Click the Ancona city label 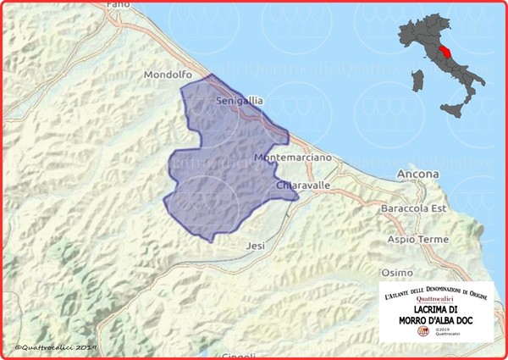417,175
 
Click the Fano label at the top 118,5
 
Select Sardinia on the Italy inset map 415,81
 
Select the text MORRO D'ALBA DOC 434,319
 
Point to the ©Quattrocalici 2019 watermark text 56,347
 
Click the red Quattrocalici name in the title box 435,298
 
